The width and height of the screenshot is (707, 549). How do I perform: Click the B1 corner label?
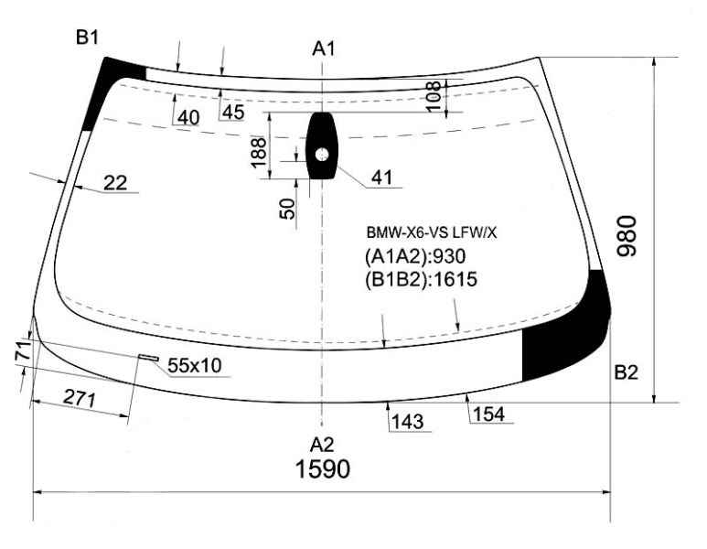click(x=87, y=38)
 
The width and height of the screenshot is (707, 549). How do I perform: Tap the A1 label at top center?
click(x=324, y=48)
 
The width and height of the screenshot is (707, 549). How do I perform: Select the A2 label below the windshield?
click(x=322, y=446)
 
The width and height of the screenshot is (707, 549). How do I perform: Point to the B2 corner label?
click(x=626, y=372)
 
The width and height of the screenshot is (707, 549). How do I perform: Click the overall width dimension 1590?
click(x=322, y=468)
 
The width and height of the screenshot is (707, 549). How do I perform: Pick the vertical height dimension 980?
click(x=627, y=236)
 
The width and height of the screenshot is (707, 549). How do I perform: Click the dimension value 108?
click(x=434, y=97)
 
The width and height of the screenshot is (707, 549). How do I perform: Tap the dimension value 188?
click(x=259, y=153)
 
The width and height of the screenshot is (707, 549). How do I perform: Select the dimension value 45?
click(x=233, y=113)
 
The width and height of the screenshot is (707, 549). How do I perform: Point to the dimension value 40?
click(x=188, y=118)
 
